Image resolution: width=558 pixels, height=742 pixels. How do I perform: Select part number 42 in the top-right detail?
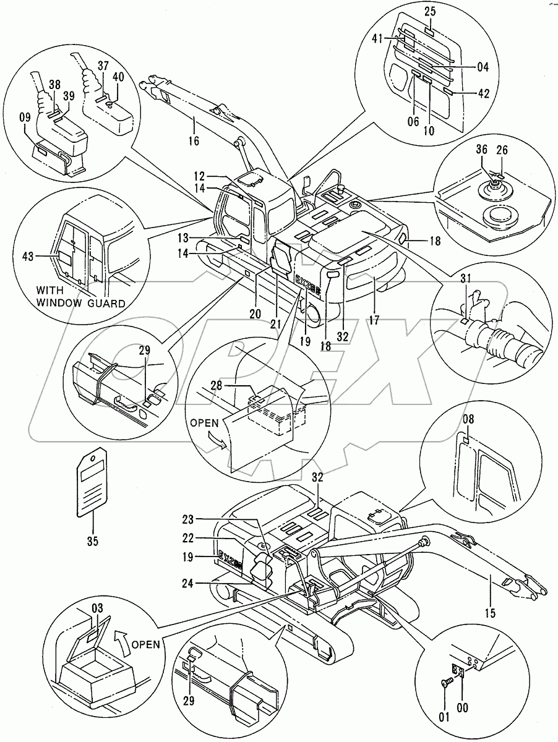coord(483,93)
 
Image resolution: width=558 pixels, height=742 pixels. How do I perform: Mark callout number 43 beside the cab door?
coord(45,255)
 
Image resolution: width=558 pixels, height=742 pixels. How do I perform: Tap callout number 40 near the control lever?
coord(118,77)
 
